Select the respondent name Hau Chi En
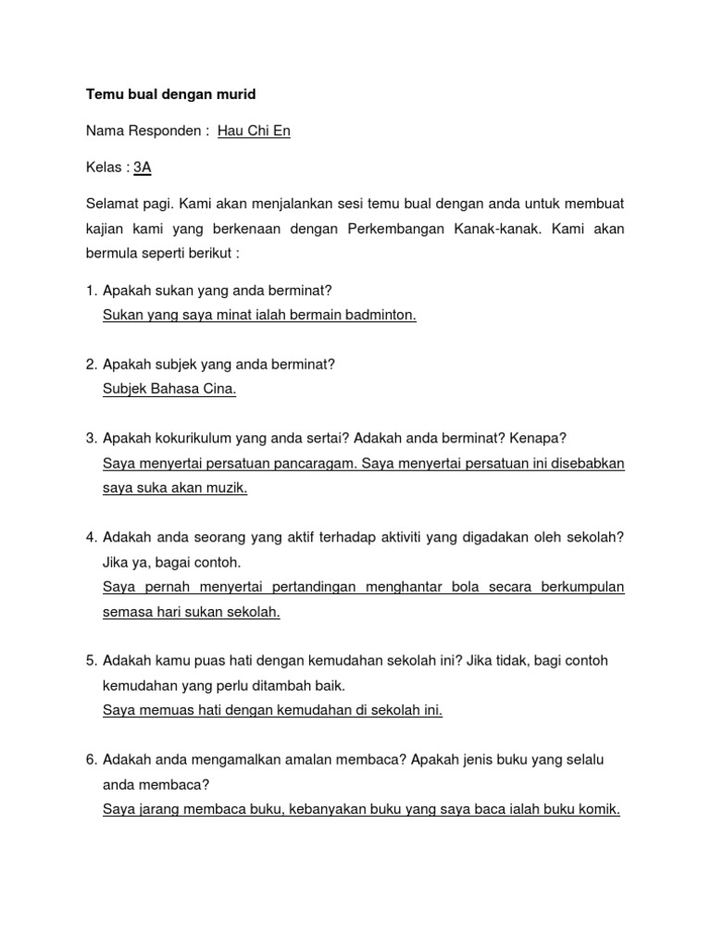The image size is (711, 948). click(254, 131)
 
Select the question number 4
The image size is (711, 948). click(91, 537)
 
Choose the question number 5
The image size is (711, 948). click(91, 661)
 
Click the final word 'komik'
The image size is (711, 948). click(599, 809)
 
